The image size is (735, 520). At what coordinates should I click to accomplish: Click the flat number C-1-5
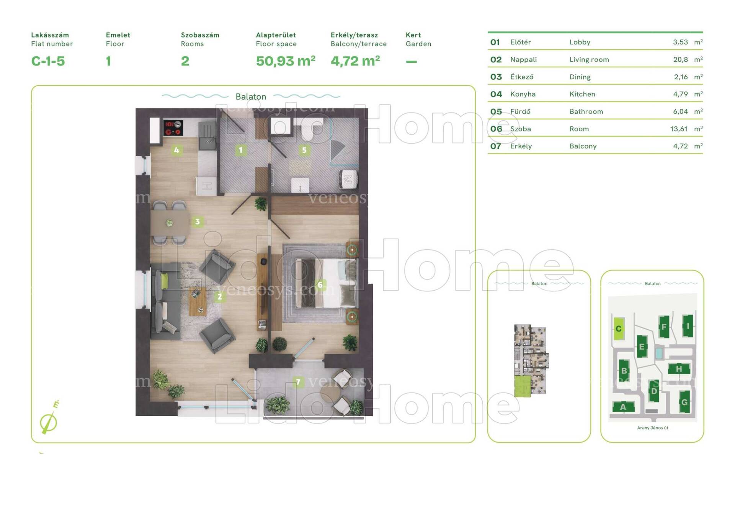pyautogui.click(x=48, y=61)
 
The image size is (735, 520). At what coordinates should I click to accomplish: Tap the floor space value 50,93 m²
pyautogui.click(x=286, y=61)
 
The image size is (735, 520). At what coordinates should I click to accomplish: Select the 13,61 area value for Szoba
pyautogui.click(x=679, y=129)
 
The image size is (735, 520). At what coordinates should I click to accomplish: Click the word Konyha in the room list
pyautogui.click(x=523, y=94)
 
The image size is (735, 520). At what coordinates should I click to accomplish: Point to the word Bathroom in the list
pyautogui.click(x=586, y=111)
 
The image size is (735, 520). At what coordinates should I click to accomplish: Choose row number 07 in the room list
pyautogui.click(x=495, y=146)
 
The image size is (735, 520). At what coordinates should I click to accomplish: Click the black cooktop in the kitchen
pyautogui.click(x=173, y=128)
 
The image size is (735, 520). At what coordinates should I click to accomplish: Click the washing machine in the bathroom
pyautogui.click(x=348, y=179)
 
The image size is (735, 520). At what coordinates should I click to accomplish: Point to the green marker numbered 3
pyautogui.click(x=197, y=221)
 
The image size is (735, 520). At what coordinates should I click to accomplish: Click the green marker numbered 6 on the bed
pyautogui.click(x=320, y=285)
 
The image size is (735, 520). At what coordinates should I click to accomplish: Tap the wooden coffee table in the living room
pyautogui.click(x=198, y=301)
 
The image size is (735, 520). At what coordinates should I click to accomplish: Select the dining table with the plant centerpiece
pyautogui.click(x=170, y=223)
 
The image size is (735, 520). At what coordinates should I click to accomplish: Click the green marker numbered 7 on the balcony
pyautogui.click(x=298, y=382)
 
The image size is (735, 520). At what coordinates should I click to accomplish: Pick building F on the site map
pyautogui.click(x=664, y=327)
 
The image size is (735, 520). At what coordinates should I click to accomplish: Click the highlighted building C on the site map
pyautogui.click(x=619, y=329)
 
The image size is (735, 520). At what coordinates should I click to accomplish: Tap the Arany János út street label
pyautogui.click(x=653, y=428)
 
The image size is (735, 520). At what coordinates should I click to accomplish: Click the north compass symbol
pyautogui.click(x=49, y=420)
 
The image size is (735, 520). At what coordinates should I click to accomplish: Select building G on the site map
pyautogui.click(x=684, y=402)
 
